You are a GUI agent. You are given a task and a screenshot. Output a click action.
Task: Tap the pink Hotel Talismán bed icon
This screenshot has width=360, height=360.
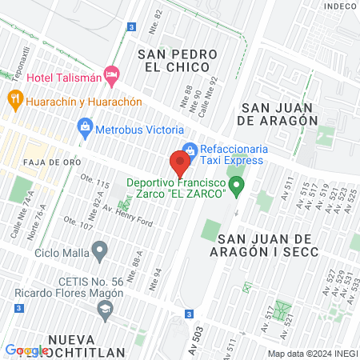[x=112, y=76]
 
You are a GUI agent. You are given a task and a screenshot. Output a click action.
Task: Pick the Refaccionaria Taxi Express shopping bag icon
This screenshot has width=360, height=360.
[x=190, y=149]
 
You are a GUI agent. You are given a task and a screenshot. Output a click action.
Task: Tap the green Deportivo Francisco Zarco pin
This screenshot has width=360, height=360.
[x=237, y=190]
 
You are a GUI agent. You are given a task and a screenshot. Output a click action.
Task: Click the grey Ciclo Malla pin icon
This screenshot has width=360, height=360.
[x=99, y=254]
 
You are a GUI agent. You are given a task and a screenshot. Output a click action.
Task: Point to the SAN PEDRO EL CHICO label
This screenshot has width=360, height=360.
[x=178, y=61]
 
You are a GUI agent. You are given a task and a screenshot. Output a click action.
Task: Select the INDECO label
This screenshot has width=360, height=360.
[x=339, y=6]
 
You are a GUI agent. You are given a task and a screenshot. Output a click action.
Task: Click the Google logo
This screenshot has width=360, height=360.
[x=26, y=350]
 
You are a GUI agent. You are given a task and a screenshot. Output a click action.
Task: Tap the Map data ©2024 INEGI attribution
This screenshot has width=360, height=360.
[x=311, y=354]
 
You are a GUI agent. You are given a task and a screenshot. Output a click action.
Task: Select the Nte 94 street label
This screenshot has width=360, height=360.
[x=156, y=277]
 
